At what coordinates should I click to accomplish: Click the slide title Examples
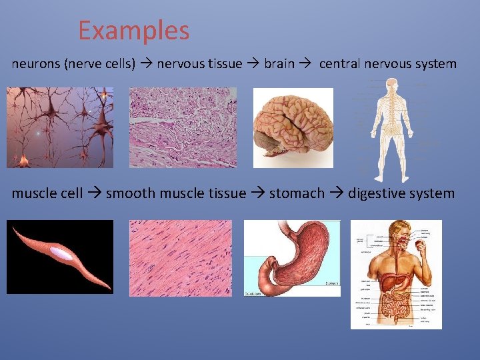tap(133, 31)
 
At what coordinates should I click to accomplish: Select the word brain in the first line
tap(279, 65)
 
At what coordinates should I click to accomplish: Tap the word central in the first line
tap(340, 65)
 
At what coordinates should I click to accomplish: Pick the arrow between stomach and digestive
tap(336, 194)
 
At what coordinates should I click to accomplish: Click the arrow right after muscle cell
tap(94, 194)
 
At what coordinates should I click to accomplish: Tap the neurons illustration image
tap(60, 127)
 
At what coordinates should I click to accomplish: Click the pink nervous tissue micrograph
tap(183, 127)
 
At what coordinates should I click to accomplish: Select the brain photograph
tap(293, 128)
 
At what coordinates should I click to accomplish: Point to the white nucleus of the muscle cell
tap(61, 253)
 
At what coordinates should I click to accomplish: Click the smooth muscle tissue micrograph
tap(181, 258)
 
